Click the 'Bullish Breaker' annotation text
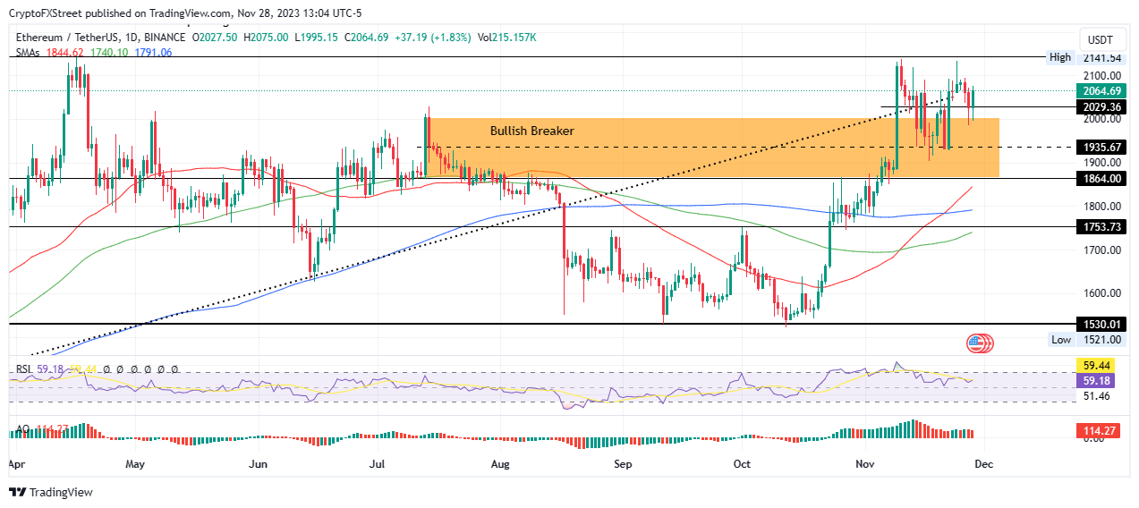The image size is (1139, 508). (x=531, y=131)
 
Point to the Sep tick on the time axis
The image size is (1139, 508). (x=623, y=465)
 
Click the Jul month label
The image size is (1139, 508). (x=377, y=465)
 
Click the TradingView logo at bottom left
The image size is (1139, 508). (x=51, y=492)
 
